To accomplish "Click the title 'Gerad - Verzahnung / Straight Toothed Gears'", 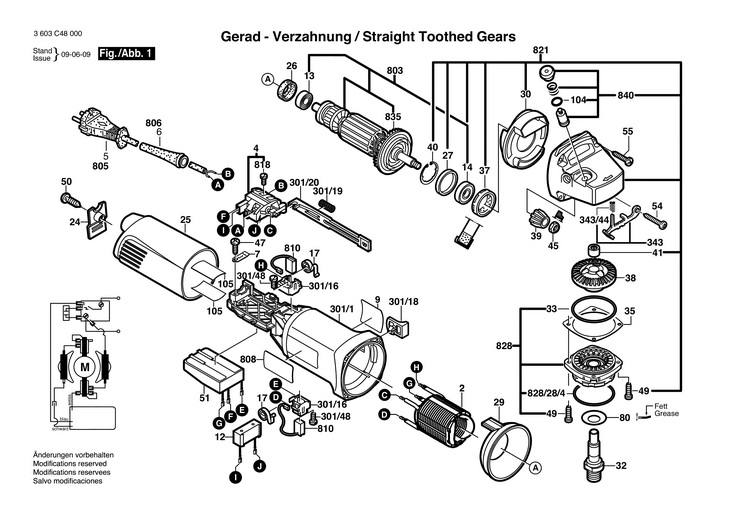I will (367, 36).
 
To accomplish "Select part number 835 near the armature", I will (393, 117).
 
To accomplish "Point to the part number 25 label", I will (185, 220).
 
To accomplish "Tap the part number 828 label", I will (503, 347).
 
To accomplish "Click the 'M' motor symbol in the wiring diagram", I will (84, 367).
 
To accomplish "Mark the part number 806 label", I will (153, 123).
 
